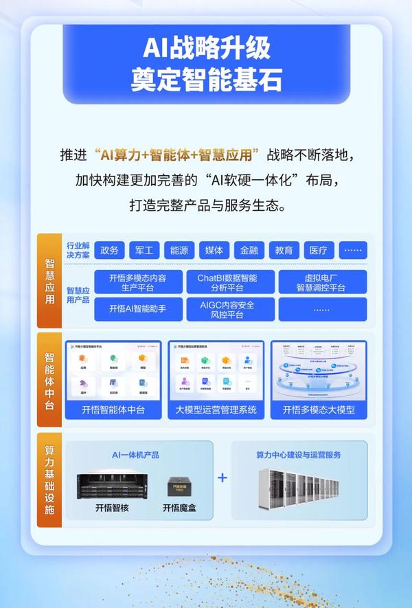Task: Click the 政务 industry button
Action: coord(109,250)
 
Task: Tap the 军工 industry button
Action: coord(144,250)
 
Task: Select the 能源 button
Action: coord(179,250)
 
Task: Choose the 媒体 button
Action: coord(214,250)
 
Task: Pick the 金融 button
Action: coord(249,250)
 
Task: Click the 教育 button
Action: coord(284,250)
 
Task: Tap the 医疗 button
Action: coord(319,250)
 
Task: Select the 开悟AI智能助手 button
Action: coord(137,308)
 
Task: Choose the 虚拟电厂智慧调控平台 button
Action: coord(321,282)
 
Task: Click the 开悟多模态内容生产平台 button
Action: coord(137,282)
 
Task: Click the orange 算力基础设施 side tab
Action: coord(49,480)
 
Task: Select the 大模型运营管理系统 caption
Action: coord(217,410)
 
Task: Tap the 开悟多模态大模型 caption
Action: coord(319,410)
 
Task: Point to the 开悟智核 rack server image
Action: coord(113,484)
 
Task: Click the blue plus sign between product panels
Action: coord(222,477)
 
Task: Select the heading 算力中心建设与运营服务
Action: coord(299,454)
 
